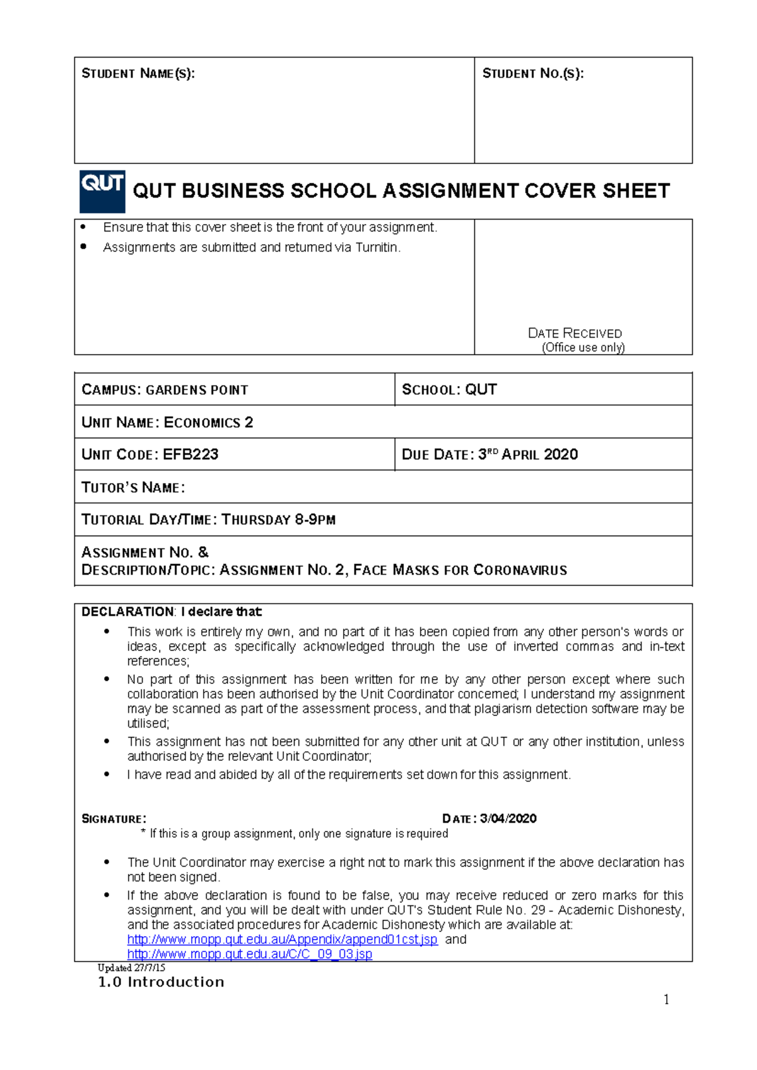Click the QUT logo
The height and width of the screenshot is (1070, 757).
click(102, 191)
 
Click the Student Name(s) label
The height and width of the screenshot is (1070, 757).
click(138, 74)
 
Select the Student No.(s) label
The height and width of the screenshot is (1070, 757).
click(533, 74)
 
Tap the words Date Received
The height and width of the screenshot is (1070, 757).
click(575, 333)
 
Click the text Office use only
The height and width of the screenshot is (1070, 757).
click(583, 348)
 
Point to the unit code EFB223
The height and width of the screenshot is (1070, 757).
click(191, 454)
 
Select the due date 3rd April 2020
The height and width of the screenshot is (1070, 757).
click(528, 454)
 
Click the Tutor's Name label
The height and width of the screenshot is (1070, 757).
click(133, 488)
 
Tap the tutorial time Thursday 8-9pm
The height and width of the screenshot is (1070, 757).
click(278, 520)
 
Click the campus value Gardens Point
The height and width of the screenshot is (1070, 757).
click(197, 390)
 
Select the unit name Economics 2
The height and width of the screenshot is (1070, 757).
click(208, 422)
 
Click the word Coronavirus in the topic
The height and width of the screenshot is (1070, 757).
click(520, 570)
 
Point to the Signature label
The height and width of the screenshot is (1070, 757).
click(114, 819)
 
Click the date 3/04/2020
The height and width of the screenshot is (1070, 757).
click(508, 819)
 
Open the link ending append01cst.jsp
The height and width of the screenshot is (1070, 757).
click(282, 939)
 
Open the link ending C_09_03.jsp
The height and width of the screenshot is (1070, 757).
click(249, 954)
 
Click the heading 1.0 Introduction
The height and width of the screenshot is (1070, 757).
click(161, 982)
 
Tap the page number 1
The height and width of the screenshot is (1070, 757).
click(666, 999)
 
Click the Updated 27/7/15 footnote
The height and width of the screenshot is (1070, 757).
click(131, 968)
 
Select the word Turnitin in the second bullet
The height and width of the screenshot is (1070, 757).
click(377, 247)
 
